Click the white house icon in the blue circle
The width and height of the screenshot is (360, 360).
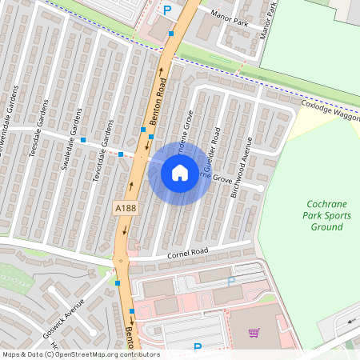180,172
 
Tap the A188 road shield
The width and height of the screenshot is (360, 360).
125,208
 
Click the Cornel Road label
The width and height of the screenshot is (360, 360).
188,254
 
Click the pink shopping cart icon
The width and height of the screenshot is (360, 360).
254,333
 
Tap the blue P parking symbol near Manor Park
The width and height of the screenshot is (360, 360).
167,10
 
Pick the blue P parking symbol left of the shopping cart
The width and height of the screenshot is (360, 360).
198,347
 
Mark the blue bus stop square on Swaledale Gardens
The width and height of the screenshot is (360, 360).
83,141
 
